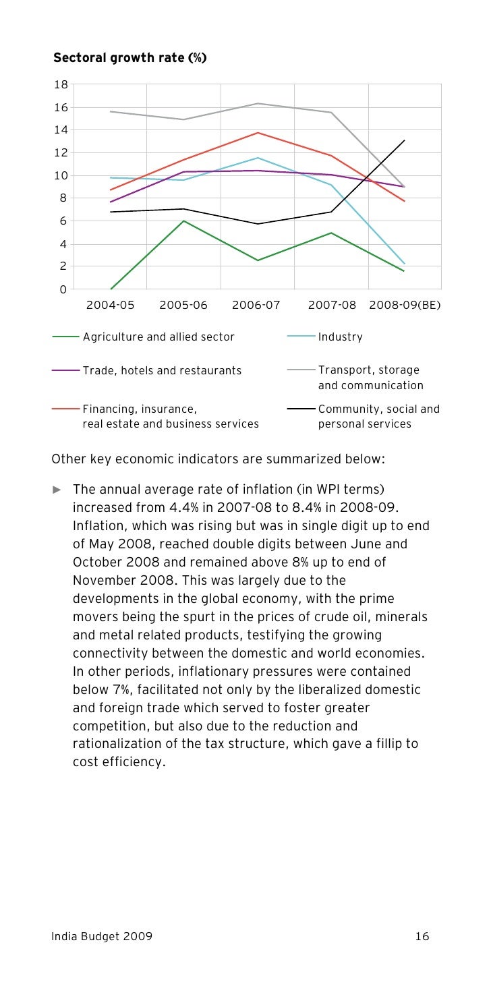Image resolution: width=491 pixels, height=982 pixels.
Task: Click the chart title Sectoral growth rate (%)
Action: [129, 59]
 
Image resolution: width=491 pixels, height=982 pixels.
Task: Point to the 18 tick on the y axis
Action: [61, 84]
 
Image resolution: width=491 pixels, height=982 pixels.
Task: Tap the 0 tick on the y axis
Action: [63, 289]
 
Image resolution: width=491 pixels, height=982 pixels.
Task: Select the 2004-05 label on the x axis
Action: [111, 305]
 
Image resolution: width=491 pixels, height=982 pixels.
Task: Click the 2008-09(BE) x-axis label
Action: [405, 305]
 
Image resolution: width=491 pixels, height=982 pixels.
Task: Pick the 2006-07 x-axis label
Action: [256, 305]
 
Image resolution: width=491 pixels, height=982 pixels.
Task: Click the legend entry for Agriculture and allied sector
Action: [158, 337]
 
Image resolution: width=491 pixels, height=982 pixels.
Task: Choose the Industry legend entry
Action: [340, 337]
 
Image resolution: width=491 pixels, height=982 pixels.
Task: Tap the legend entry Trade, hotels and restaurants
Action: [162, 370]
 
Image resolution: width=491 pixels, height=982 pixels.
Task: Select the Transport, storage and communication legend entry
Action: [370, 378]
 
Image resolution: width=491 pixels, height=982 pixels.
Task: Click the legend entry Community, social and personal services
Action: [378, 416]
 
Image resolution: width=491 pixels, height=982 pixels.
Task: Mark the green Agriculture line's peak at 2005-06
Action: [183, 221]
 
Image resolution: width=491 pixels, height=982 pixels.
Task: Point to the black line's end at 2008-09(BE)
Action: [405, 140]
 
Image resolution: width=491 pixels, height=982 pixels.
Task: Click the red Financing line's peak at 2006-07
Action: [258, 132]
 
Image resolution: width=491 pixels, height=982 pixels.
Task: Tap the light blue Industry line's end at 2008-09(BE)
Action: [405, 264]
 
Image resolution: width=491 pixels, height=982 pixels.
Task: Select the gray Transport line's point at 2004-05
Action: [111, 111]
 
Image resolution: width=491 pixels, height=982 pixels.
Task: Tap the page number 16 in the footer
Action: [422, 936]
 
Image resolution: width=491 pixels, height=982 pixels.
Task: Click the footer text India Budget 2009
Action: [102, 936]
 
